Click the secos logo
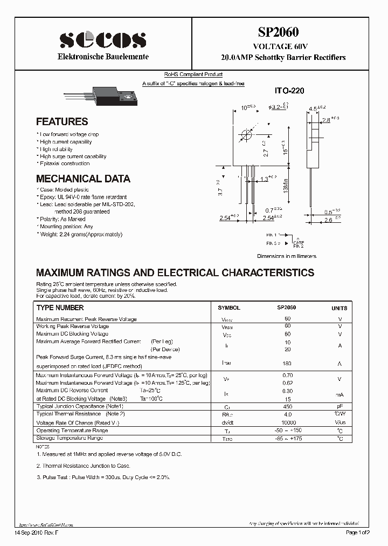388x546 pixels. [102, 39]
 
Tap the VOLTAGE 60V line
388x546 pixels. [283, 47]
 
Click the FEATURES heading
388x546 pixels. [62, 121]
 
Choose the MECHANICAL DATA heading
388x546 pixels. [83, 179]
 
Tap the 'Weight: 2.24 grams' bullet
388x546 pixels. [79, 235]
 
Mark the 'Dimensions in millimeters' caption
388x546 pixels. [286, 256]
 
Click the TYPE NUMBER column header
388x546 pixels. [60, 308]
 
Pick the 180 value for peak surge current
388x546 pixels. [287, 364]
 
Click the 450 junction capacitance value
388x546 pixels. [287, 406]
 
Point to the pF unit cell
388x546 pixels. [339, 406]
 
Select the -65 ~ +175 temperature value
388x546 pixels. [288, 439]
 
